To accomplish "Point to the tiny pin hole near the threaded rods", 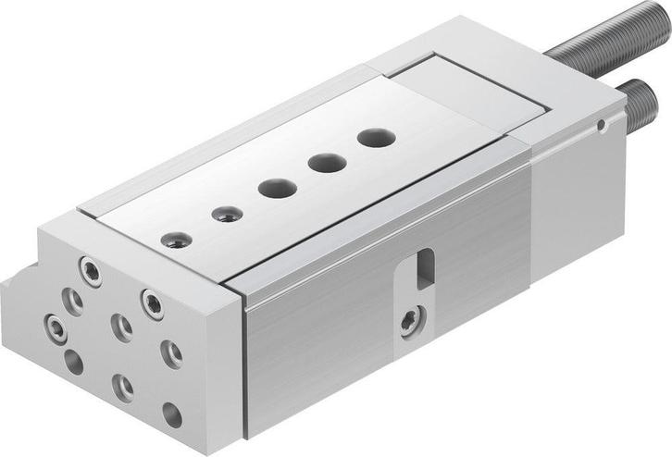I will click(602, 122).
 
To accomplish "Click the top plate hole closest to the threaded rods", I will click(377, 139).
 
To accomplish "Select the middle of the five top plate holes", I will click(278, 189).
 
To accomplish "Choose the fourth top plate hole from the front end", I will click(327, 164).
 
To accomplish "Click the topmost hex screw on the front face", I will click(90, 271).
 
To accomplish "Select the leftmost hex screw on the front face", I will click(53, 327).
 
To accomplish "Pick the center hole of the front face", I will click(120, 325).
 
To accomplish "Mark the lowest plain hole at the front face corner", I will click(171, 414).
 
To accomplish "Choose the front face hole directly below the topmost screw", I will click(70, 302).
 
